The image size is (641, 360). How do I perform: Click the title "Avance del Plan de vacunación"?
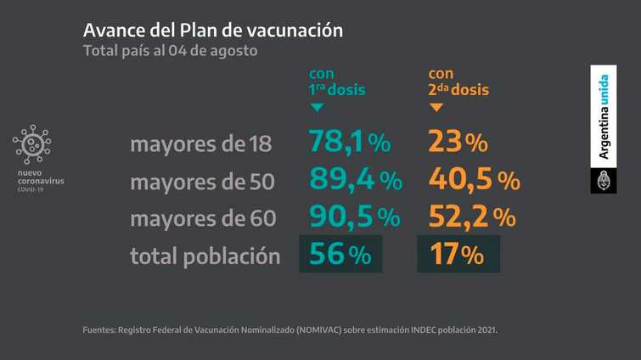tap(213, 31)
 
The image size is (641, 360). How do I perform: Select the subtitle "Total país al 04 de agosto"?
tap(171, 51)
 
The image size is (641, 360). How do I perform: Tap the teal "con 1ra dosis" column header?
tap(337, 82)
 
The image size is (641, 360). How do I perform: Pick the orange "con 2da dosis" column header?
tap(458, 82)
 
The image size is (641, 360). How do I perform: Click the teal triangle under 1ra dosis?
tap(317, 108)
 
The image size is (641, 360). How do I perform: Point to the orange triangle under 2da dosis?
tap(436, 108)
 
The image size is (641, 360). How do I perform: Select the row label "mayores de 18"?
tap(200, 143)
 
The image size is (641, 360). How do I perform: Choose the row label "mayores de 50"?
tap(202, 182)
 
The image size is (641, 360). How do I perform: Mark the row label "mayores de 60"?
tap(203, 218)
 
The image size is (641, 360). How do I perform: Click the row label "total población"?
tap(205, 256)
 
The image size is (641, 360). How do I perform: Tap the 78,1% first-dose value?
tap(350, 142)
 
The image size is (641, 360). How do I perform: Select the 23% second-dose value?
tap(458, 142)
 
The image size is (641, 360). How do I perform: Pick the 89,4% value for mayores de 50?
tap(356, 179)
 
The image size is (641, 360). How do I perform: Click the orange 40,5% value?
tap(475, 179)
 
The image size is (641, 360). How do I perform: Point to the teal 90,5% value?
tap(354, 217)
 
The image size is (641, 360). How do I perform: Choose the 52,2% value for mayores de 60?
tap(472, 217)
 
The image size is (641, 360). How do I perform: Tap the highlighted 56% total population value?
tap(340, 254)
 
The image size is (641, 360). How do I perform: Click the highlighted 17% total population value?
tap(458, 254)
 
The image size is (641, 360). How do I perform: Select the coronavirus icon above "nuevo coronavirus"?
tap(32, 144)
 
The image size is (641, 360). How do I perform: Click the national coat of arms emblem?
tap(604, 181)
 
